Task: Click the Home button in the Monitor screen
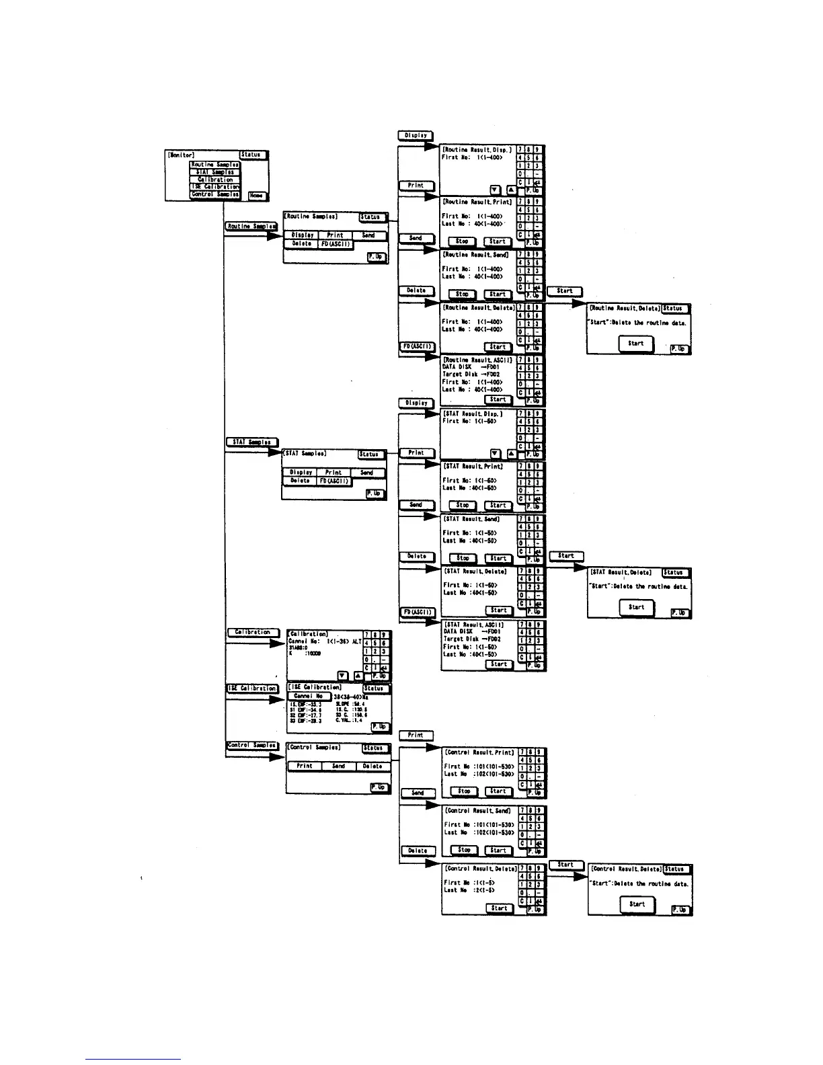click(258, 196)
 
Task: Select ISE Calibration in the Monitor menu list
click(215, 187)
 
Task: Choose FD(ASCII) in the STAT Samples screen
click(334, 481)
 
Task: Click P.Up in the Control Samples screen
click(380, 787)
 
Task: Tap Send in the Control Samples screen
click(339, 766)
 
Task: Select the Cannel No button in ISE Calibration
click(309, 696)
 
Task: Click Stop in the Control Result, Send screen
click(464, 850)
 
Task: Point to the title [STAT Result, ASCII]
click(474, 625)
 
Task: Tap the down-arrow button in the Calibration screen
click(343, 676)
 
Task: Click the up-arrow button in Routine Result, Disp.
click(511, 190)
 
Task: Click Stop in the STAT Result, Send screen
click(463, 558)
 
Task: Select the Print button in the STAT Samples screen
click(334, 473)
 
